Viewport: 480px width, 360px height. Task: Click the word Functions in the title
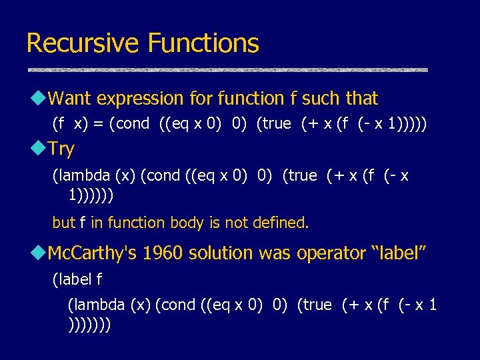[203, 43]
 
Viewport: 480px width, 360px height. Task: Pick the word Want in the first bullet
[70, 99]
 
